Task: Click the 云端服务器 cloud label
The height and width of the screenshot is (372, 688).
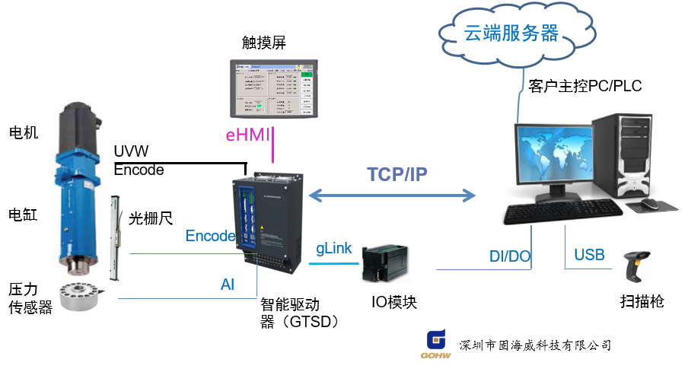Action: (511, 33)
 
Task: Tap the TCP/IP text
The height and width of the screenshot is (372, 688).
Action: (397, 174)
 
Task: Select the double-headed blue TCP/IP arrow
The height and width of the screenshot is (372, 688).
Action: (391, 198)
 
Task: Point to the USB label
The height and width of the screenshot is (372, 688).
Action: (589, 254)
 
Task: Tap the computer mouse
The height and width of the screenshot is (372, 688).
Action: (650, 204)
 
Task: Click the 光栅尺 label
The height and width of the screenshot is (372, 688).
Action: (151, 219)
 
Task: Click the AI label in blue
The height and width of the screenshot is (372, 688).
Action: (228, 285)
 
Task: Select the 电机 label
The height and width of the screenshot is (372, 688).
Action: (24, 134)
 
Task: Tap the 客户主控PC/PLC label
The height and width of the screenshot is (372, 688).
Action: (584, 86)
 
